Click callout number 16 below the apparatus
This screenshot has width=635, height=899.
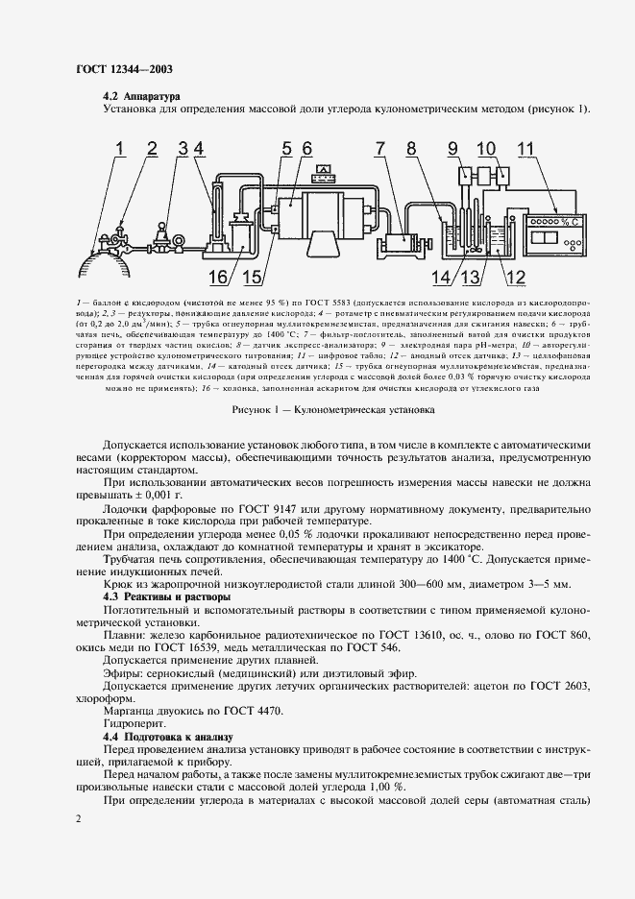pyautogui.click(x=217, y=278)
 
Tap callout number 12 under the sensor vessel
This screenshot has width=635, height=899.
pyautogui.click(x=514, y=278)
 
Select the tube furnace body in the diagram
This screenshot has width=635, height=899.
pyautogui.click(x=324, y=220)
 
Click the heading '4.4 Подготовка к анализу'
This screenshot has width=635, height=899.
pyautogui.click(x=167, y=736)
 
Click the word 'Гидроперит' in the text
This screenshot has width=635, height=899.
pyautogui.click(x=132, y=722)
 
